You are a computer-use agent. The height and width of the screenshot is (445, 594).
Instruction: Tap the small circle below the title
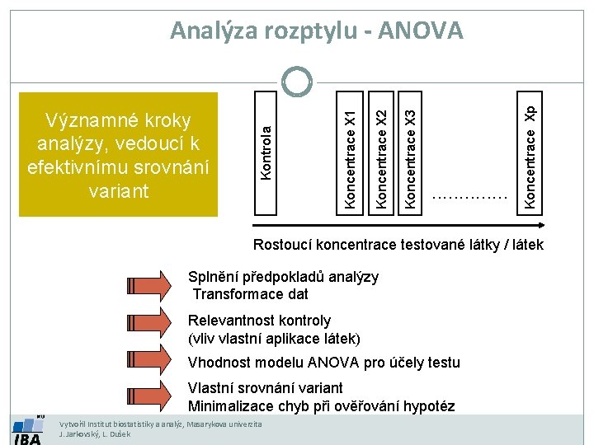[x=296, y=81]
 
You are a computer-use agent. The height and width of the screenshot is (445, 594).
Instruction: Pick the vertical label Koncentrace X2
[x=381, y=148]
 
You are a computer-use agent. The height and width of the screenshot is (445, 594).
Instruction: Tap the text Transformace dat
[x=250, y=294]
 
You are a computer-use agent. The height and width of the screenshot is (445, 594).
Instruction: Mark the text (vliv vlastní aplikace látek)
[x=274, y=338]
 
